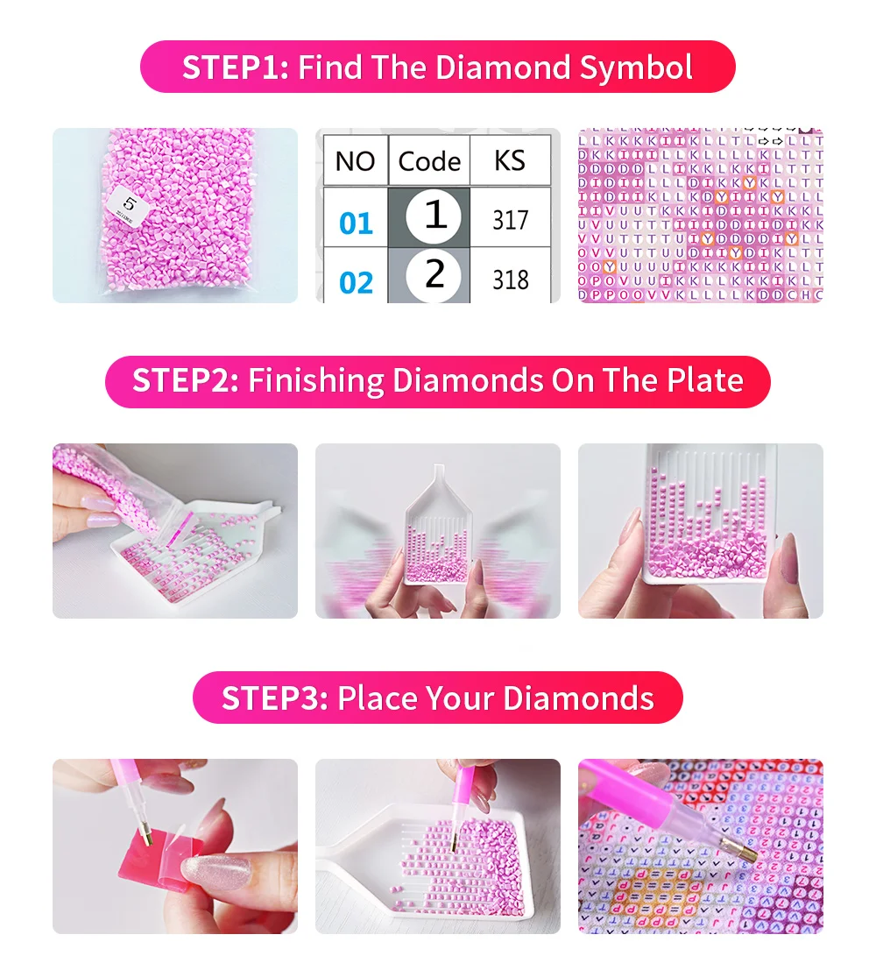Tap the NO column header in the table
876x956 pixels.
[355, 161]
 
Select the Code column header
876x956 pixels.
[429, 161]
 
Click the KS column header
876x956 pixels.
[510, 161]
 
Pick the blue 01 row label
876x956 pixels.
[356, 223]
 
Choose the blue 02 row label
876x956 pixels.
[356, 283]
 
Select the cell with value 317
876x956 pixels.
[510, 220]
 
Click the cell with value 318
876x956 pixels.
[510, 280]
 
